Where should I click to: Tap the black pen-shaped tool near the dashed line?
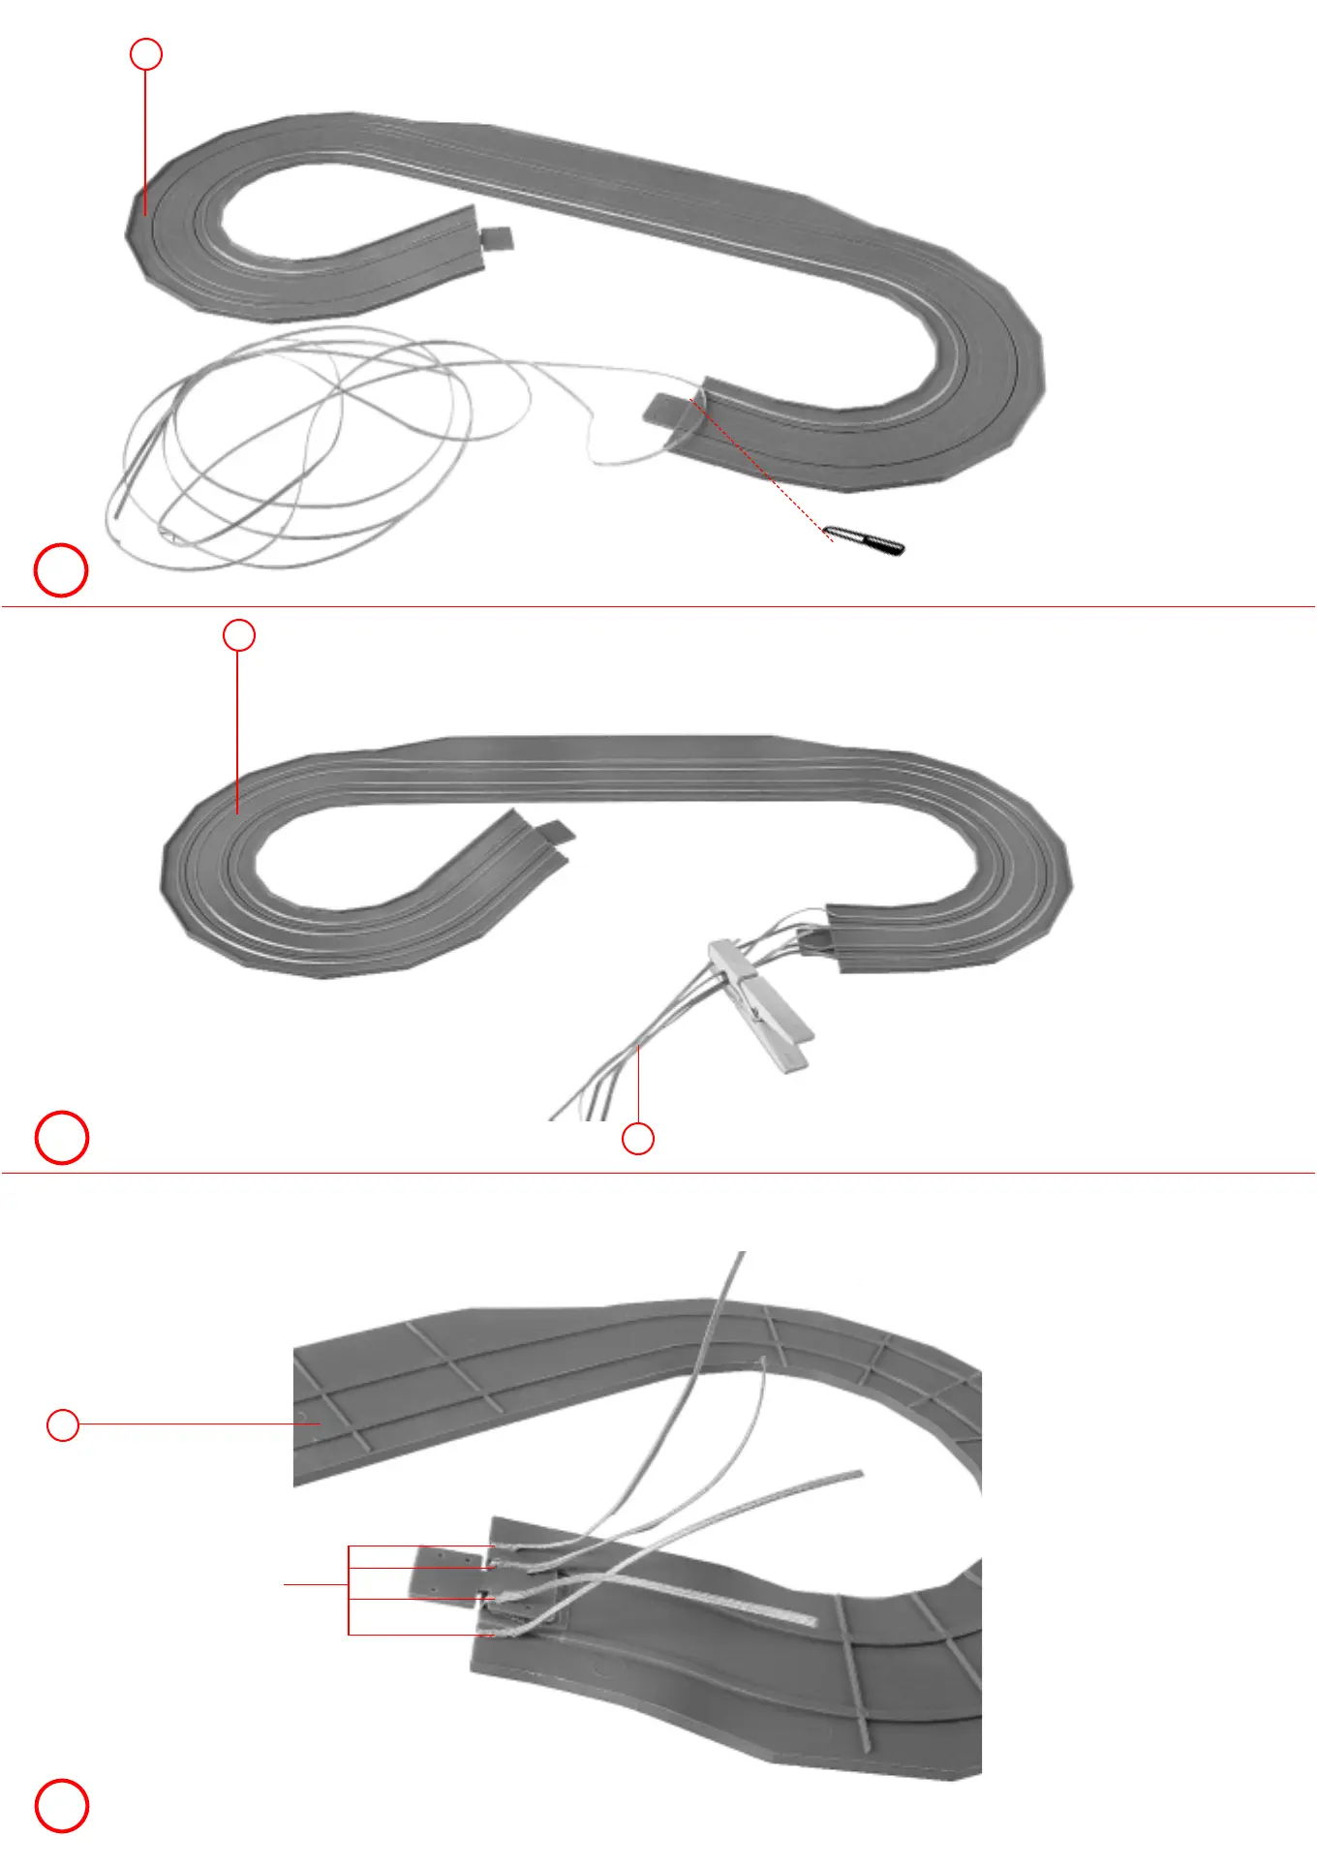(x=864, y=540)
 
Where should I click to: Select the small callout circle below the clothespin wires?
(x=637, y=1139)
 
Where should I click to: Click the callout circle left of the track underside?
(x=63, y=1424)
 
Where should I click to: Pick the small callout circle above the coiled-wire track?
(x=145, y=54)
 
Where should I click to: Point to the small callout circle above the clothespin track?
(x=239, y=635)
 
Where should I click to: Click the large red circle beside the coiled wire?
(x=61, y=570)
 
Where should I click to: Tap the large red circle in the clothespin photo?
(x=61, y=1137)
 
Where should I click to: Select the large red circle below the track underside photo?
(x=61, y=1806)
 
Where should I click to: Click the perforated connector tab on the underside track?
(x=447, y=1573)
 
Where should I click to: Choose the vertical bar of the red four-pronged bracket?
(x=349, y=1590)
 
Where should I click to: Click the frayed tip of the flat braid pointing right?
(x=857, y=1475)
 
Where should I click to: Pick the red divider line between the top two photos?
(x=658, y=607)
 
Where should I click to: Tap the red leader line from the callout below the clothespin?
(x=638, y=1085)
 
